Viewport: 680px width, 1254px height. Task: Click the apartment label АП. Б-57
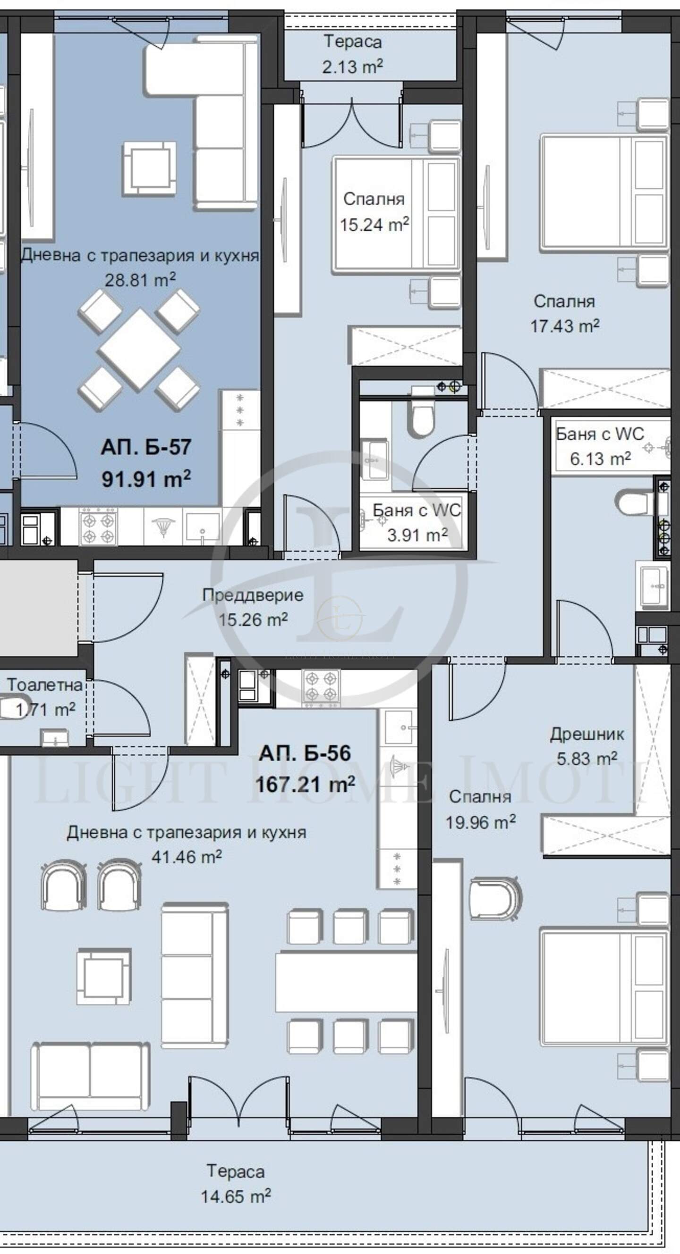click(145, 447)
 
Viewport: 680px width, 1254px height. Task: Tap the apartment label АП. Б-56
click(305, 752)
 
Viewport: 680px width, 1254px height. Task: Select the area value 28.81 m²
click(140, 280)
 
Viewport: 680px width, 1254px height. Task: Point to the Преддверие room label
click(253, 595)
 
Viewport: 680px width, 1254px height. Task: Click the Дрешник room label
click(587, 734)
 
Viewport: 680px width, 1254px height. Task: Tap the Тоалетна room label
click(44, 685)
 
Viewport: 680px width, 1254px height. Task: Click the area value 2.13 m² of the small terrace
click(352, 66)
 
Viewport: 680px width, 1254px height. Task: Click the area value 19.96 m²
click(481, 822)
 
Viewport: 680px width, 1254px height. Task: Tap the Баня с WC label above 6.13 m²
click(600, 434)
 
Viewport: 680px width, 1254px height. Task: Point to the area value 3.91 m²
click(417, 535)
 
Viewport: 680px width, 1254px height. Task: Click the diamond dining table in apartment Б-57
click(139, 349)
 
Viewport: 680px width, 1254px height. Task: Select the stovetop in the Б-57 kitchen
click(98, 527)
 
